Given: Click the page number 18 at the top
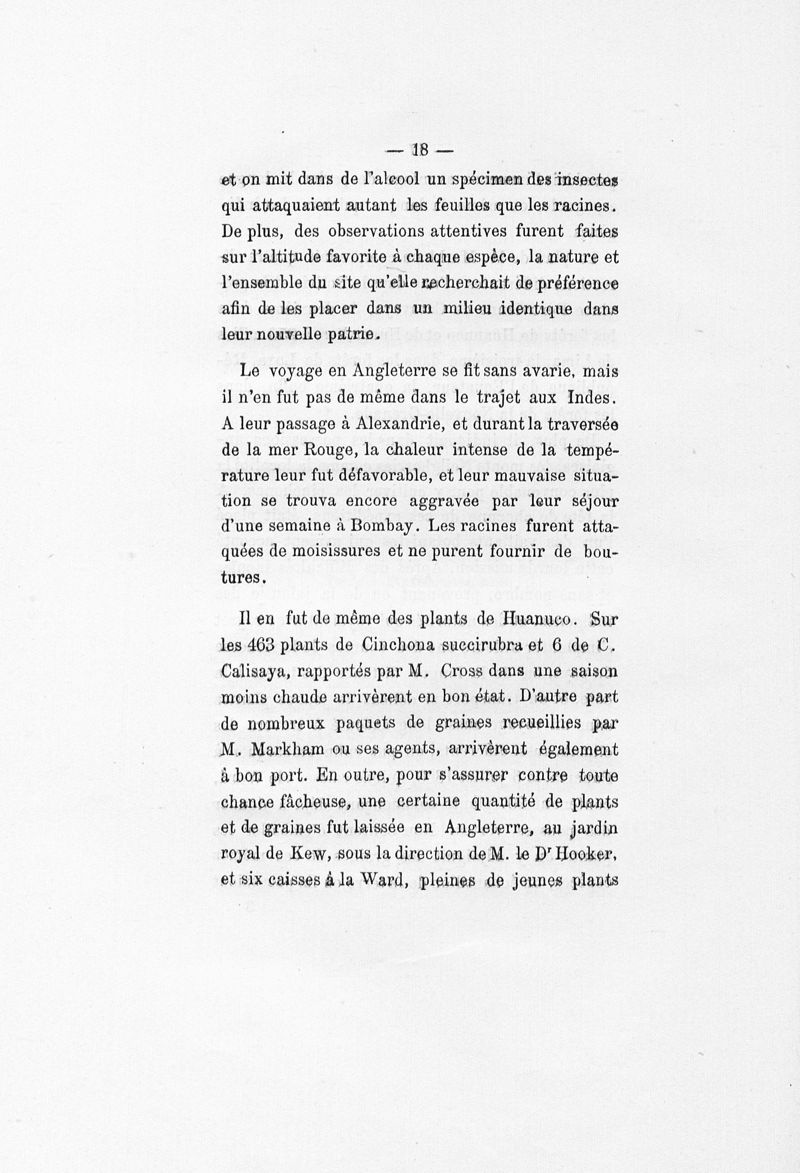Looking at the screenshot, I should click(418, 152).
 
